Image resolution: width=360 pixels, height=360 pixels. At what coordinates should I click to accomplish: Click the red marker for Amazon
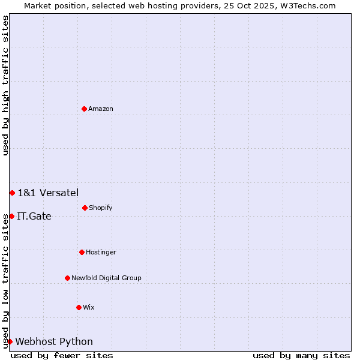pos(84,109)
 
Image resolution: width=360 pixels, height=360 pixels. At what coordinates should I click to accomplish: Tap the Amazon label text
pos(100,109)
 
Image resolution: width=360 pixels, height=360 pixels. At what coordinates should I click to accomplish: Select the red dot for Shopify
pos(85,208)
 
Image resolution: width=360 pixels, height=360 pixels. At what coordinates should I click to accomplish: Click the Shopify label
pos(100,208)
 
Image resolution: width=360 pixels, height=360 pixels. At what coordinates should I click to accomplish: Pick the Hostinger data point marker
pos(82,252)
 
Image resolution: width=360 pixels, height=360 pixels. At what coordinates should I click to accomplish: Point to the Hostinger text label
pos(101,253)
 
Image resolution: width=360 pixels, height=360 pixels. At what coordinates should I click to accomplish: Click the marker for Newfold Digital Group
pos(67,278)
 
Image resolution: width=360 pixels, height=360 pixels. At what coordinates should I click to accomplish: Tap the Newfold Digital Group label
pos(106,278)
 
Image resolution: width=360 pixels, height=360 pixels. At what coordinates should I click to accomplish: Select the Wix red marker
pos(79,307)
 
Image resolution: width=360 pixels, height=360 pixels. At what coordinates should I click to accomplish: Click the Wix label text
pos(88,308)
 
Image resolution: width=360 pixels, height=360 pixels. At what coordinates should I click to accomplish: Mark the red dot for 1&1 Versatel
pos(12,193)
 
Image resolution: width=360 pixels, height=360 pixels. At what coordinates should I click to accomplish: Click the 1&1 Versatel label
pos(48,193)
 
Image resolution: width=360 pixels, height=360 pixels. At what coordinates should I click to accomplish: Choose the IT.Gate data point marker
pos(11,216)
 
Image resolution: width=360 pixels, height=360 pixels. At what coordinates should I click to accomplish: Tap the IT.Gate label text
pos(34,217)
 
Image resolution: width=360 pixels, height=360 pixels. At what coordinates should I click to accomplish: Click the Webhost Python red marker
pos(10,341)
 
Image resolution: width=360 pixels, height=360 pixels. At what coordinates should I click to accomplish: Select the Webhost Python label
pos(54,342)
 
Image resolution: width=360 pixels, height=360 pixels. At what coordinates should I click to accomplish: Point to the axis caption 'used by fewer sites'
pos(62,355)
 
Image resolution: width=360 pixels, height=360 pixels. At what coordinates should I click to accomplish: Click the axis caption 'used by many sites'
pos(301,355)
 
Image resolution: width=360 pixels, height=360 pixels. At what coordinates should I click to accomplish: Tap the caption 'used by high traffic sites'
pos(6,85)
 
